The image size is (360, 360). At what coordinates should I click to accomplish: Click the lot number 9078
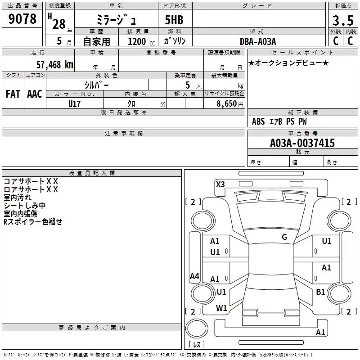tap(22, 19)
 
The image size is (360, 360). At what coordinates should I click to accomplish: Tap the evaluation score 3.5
tap(342, 21)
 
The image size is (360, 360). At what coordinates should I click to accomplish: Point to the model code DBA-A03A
tap(258, 41)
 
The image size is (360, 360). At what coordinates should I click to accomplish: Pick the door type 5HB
tap(174, 21)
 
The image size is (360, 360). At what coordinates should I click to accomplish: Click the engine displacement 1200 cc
tap(138, 41)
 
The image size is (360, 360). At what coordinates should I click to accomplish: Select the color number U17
tap(75, 103)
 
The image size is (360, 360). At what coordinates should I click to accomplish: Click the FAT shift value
tap(13, 94)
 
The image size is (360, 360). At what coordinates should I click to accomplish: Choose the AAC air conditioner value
tap(35, 94)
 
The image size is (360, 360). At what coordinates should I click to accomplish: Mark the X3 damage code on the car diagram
tap(220, 184)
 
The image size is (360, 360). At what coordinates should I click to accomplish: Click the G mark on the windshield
tap(284, 237)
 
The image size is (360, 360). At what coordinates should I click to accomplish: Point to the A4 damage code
tap(194, 276)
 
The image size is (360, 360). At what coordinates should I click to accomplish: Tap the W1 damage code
tap(221, 308)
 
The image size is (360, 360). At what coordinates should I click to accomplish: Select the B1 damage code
tap(320, 292)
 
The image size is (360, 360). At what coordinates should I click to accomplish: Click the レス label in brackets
tap(197, 345)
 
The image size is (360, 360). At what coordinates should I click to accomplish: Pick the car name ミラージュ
tap(113, 21)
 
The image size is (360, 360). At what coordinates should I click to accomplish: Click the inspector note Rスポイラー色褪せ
tap(33, 222)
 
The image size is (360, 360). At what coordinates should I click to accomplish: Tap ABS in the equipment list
tap(258, 121)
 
